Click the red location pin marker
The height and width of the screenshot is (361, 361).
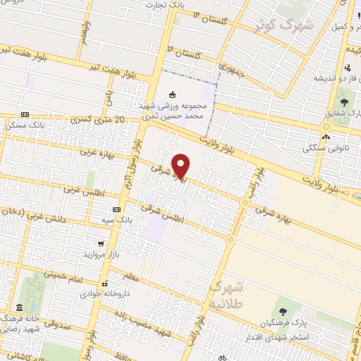pyautogui.click(x=181, y=165)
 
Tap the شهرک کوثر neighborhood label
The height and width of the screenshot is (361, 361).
pyautogui.click(x=286, y=26)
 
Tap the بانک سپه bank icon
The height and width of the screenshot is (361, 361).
pyautogui.click(x=116, y=210)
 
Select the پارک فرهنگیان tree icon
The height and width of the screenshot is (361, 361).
pyautogui.click(x=283, y=311)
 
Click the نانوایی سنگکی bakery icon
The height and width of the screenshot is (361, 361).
pyautogui.click(x=326, y=137)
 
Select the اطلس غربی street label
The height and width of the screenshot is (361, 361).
pyautogui.click(x=80, y=189)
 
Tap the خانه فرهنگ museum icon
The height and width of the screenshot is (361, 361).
pyautogui.click(x=18, y=308)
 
